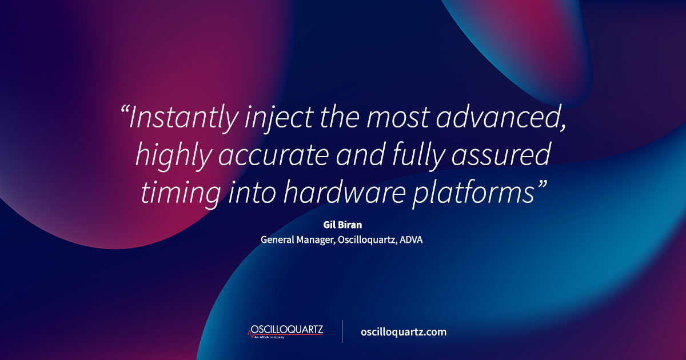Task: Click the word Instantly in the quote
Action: coord(182,118)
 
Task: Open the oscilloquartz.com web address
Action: coord(404,332)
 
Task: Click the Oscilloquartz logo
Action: coord(286,331)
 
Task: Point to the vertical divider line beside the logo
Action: coord(342,331)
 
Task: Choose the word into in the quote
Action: coord(242,192)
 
